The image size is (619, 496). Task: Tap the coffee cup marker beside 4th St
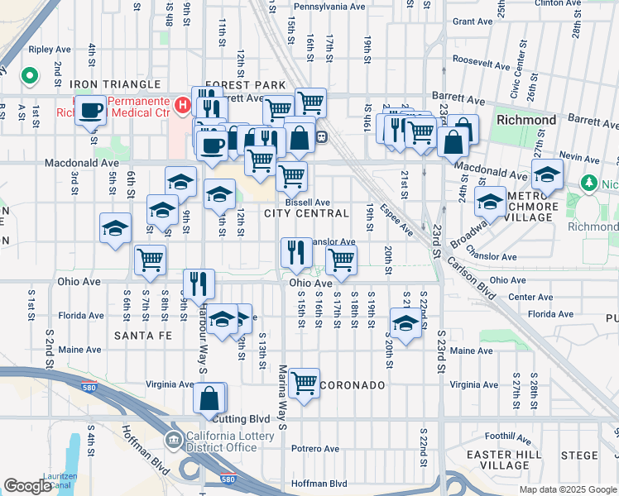coord(90,111)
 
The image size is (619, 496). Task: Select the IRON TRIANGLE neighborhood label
coord(114,84)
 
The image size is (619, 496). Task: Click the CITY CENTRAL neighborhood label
coord(306,213)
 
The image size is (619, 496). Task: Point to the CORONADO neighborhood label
coord(352,385)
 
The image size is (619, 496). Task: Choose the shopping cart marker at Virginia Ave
coord(305,383)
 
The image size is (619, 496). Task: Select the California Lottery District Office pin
coord(175,438)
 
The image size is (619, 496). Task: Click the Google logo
coord(27,486)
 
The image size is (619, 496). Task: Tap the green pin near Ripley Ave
coord(30,77)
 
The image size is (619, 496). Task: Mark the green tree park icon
coord(588,182)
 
